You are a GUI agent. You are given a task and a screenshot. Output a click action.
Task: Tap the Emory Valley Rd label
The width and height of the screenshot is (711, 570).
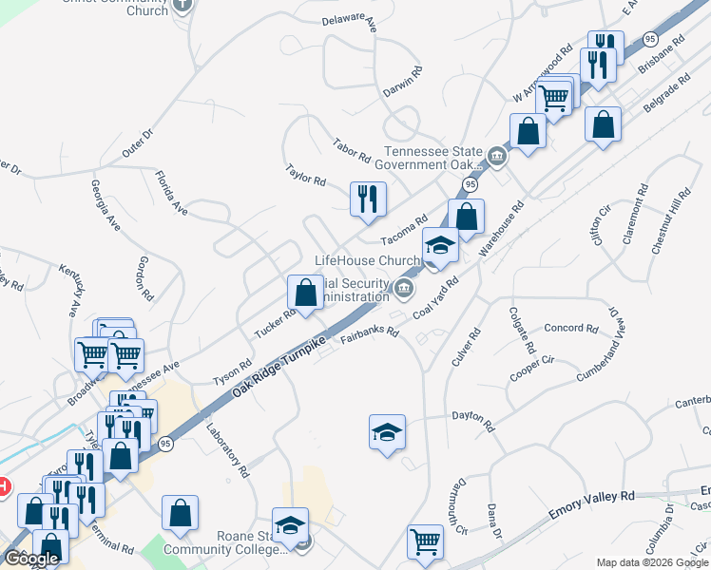(591, 504)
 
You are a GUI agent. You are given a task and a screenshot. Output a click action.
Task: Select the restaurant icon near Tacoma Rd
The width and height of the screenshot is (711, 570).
(368, 199)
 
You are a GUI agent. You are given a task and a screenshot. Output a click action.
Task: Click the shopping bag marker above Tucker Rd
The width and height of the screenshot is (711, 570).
(305, 293)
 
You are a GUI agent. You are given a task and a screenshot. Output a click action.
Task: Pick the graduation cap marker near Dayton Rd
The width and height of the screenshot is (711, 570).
(387, 432)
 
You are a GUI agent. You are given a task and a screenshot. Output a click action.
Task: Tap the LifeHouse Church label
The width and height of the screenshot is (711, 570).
(367, 260)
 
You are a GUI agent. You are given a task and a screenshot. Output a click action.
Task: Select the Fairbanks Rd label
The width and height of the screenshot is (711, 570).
(370, 334)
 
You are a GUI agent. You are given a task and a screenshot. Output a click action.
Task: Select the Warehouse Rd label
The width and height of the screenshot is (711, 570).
(503, 228)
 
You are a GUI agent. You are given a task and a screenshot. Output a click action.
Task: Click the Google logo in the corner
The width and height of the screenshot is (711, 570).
(30, 559)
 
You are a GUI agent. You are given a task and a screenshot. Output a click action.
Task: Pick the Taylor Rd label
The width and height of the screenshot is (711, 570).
(306, 174)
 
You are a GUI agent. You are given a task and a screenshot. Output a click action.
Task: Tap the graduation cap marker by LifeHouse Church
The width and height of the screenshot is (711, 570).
(440, 246)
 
